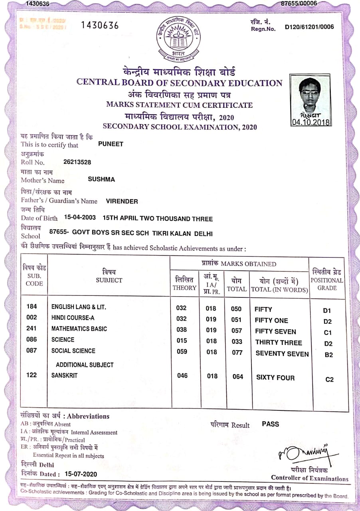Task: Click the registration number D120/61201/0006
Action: pos(309,27)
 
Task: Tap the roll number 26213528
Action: pos(77,162)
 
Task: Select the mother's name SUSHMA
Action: pos(101,180)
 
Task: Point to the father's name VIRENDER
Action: pos(122,202)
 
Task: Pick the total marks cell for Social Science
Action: pos(237,352)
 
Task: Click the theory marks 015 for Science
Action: pos(182,341)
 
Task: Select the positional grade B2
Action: pos(328,355)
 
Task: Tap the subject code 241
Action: pos(31,329)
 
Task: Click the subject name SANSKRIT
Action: pos(64,375)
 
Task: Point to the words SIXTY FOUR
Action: pos(275,377)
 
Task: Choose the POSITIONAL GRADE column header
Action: pos(327,280)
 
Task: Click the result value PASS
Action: pos(271,424)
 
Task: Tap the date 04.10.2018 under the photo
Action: pos(311,122)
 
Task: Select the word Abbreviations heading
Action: pos(88,416)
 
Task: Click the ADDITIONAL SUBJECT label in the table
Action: pos(85,365)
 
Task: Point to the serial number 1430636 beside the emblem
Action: pos(100,26)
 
